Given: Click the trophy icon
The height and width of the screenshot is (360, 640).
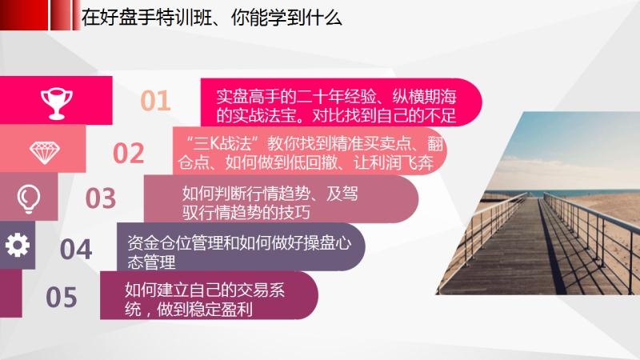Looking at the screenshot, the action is pyautogui.click(x=56, y=104).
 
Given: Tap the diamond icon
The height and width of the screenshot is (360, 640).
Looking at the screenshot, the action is pyautogui.click(x=45, y=153).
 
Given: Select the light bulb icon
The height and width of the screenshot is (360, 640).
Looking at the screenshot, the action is pyautogui.click(x=29, y=198).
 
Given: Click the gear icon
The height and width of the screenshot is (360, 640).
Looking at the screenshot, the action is pyautogui.click(x=17, y=245).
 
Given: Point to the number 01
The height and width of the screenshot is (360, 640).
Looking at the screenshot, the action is pyautogui.click(x=155, y=101).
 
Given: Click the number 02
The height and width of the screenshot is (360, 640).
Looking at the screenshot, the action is pyautogui.click(x=128, y=153).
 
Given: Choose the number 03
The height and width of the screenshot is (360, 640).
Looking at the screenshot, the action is pyautogui.click(x=101, y=198).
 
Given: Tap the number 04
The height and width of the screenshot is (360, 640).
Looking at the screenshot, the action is pyautogui.click(x=76, y=249).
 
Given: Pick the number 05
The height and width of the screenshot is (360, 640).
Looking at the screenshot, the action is pyautogui.click(x=62, y=297).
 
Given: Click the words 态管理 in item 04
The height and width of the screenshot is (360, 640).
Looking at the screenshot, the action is pyautogui.click(x=151, y=262).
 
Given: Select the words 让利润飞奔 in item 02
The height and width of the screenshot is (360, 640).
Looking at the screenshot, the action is pyautogui.click(x=394, y=162).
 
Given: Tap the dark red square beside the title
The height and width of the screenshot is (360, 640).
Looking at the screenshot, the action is pyautogui.click(x=24, y=14).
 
